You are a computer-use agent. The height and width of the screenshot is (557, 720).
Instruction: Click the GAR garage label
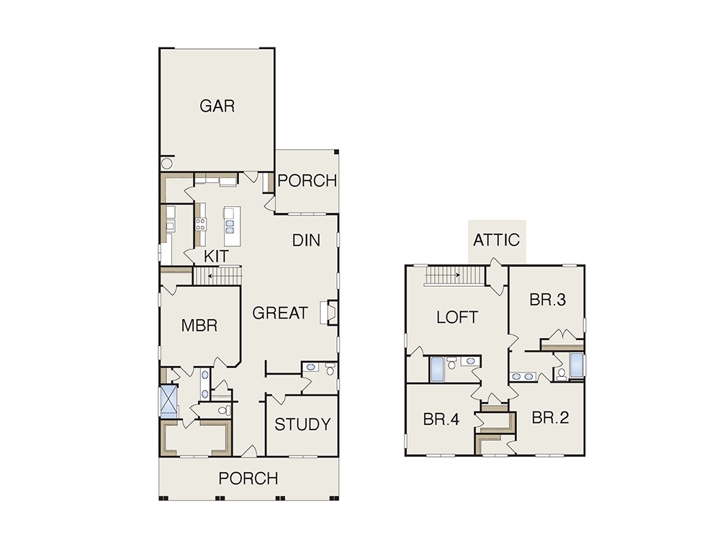point(217,106)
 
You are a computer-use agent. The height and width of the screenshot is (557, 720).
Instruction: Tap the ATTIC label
point(496,240)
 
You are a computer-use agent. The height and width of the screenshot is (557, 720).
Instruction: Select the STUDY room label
point(302,424)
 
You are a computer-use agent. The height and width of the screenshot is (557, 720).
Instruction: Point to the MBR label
point(199,326)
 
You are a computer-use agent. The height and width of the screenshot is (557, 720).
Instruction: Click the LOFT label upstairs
point(457,317)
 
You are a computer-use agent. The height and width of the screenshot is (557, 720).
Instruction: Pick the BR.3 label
point(548,300)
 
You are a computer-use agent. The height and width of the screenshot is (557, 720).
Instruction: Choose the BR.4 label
point(441,419)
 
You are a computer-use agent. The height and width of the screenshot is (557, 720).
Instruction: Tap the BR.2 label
point(550,417)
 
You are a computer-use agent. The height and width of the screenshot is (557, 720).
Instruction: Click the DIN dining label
point(306,240)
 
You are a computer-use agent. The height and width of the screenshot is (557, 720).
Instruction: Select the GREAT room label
point(280,313)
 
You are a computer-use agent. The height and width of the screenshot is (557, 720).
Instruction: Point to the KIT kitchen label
point(216,257)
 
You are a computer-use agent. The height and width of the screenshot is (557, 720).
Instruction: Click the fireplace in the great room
point(332,313)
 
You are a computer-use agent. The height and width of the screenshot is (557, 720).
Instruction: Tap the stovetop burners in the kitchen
point(201,224)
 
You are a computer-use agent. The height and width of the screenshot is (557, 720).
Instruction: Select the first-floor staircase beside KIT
point(217,276)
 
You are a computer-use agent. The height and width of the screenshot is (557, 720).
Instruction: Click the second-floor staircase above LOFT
point(454,275)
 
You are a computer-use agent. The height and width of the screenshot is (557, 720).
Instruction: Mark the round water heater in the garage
point(167,163)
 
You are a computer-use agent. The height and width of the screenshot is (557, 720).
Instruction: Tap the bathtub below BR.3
point(576,365)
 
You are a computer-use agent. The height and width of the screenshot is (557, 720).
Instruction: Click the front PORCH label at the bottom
point(248,478)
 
